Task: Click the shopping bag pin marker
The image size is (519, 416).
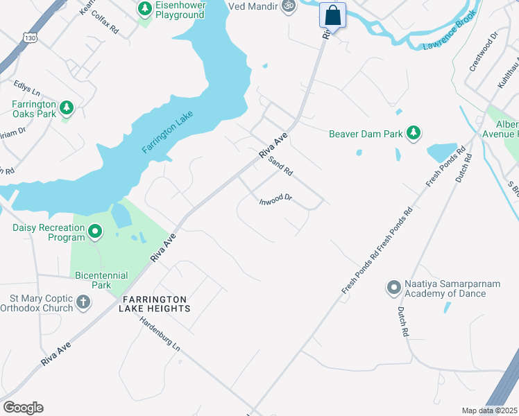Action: pyautogui.click(x=333, y=15)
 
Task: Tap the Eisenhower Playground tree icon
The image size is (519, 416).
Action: pyautogui.click(x=144, y=9)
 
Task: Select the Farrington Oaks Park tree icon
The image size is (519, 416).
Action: pyautogui.click(x=67, y=107)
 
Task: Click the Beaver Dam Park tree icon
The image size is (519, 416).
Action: pyautogui.click(x=414, y=132)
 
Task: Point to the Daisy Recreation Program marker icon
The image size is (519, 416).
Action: pyautogui.click(x=95, y=232)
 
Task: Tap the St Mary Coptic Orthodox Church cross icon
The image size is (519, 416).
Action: pyautogui.click(x=83, y=302)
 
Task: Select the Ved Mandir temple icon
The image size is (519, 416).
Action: pyautogui.click(x=288, y=6)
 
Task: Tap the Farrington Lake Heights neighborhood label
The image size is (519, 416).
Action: pyautogui.click(x=156, y=303)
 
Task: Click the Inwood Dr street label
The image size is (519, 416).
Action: pyautogui.click(x=276, y=201)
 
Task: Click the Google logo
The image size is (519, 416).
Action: pyautogui.click(x=23, y=408)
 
